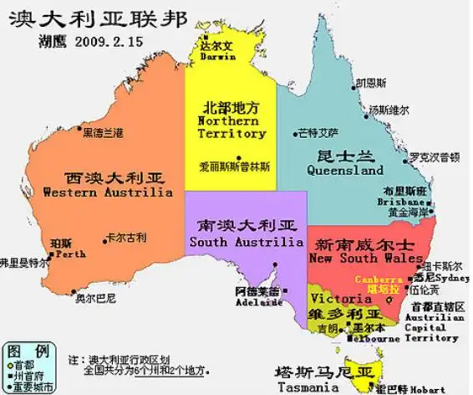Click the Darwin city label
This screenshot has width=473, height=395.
click(x=218, y=58)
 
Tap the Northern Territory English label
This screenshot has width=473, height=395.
click(x=231, y=127)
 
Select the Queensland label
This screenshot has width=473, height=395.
click(x=345, y=170)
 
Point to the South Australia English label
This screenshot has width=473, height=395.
click(x=246, y=242)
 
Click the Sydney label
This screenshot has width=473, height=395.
click(x=453, y=277)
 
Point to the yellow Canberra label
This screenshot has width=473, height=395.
click(x=379, y=279)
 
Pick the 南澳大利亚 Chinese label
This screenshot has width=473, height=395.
click(x=244, y=226)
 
